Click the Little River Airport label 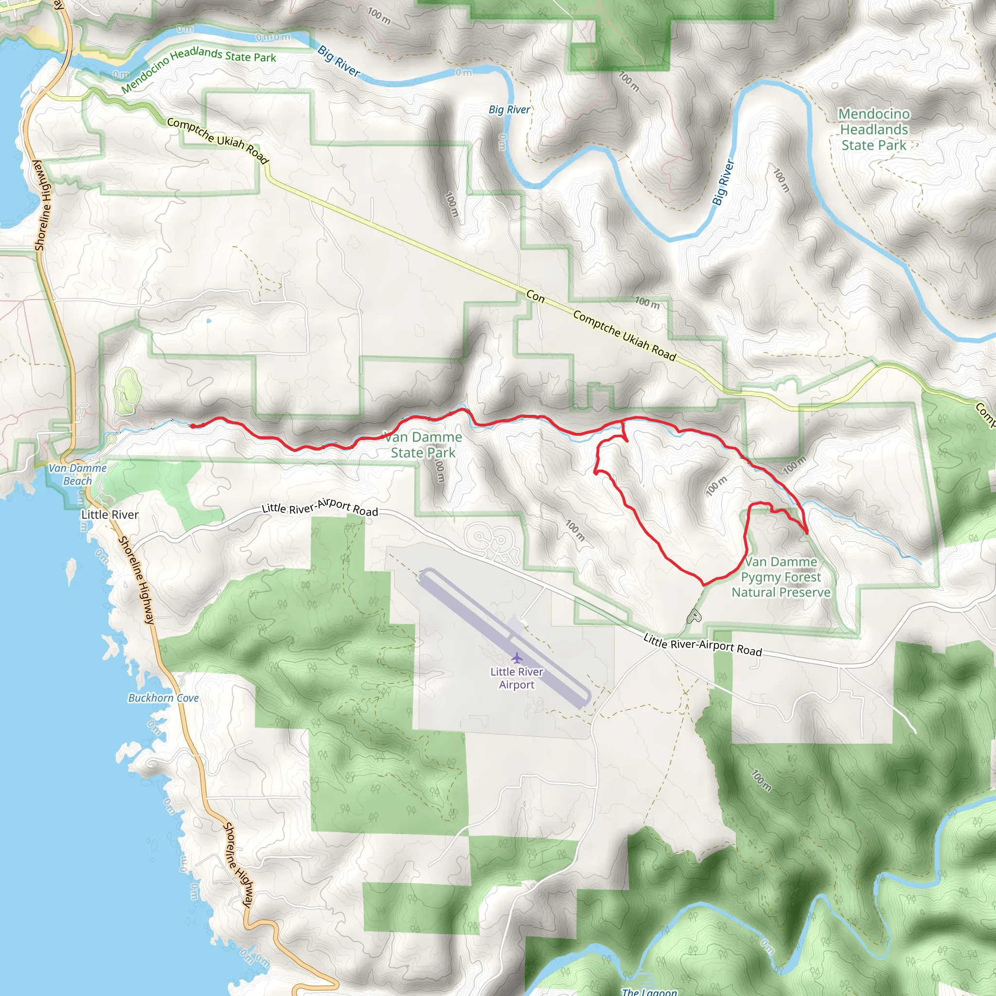click(x=516, y=678)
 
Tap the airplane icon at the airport click(x=516, y=658)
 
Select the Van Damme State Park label click(x=423, y=445)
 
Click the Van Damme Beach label click(x=77, y=474)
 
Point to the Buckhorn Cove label click(x=163, y=698)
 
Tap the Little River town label click(x=110, y=515)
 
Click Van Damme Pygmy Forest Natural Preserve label click(x=781, y=577)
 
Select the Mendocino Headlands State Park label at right click(x=874, y=129)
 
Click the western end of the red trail click(x=192, y=426)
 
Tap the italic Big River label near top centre click(x=509, y=109)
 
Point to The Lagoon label click(x=650, y=991)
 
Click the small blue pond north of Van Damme click(x=208, y=320)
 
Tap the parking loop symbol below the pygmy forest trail click(x=694, y=616)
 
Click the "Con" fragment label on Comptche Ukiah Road click(x=535, y=297)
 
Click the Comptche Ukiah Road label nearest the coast click(x=217, y=140)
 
